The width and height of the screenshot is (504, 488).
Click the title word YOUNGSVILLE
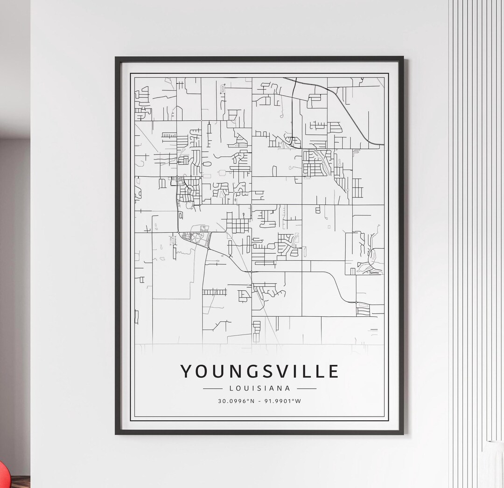point(259,371)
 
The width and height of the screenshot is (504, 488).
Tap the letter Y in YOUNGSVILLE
point(187,371)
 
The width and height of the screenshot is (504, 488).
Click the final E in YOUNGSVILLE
point(333,371)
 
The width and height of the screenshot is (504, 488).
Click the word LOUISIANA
point(259,388)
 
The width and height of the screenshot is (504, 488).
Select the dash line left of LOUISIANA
point(213,388)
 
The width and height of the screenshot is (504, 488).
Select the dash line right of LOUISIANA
point(307,388)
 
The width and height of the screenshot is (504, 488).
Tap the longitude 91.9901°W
point(283,401)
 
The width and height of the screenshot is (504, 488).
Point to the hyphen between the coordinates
point(259,401)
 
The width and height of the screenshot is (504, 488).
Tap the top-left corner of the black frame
point(116,58)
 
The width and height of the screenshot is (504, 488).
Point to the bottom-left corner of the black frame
point(116,433)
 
